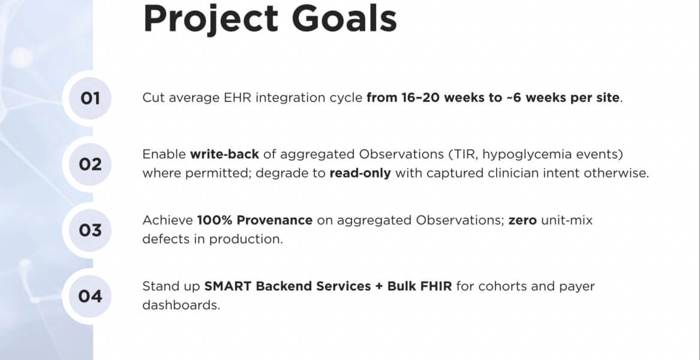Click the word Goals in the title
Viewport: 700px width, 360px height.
click(344, 19)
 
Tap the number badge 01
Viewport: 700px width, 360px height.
click(90, 98)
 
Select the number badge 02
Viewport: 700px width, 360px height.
click(90, 164)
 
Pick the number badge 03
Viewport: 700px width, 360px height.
click(90, 230)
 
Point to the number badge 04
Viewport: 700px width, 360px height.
click(90, 296)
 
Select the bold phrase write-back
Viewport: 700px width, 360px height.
click(224, 155)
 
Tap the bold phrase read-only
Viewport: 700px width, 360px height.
click(360, 173)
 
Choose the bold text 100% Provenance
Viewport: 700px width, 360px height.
click(254, 220)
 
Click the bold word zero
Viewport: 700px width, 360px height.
click(522, 221)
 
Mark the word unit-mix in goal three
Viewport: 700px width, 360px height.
click(566, 220)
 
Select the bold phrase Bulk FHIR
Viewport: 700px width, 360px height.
click(420, 286)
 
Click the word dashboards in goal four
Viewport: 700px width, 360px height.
click(181, 305)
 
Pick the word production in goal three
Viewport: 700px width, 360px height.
click(246, 239)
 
